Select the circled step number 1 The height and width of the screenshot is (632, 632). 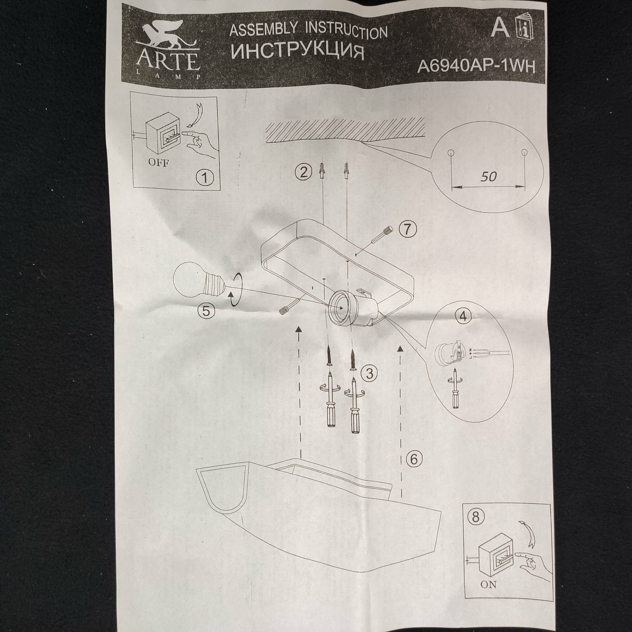point(204,177)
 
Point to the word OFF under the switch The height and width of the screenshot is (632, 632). point(158,163)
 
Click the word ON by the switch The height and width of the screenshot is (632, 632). point(488,584)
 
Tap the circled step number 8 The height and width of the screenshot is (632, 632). point(475,517)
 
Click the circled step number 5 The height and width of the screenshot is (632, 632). point(206,311)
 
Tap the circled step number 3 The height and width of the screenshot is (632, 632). point(369,373)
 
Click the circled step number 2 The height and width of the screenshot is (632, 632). point(303,172)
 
